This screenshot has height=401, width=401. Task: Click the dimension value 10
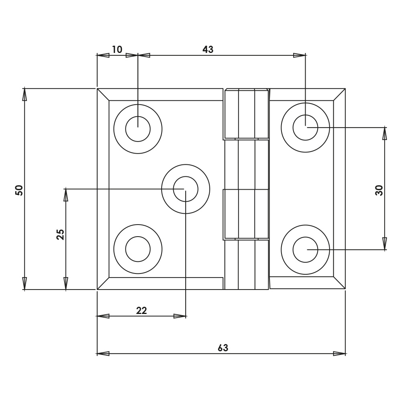click(117, 49)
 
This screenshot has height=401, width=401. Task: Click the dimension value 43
click(208, 49)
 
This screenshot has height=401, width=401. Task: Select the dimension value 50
click(19, 190)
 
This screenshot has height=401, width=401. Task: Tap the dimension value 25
click(60, 234)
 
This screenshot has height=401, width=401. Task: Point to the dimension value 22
click(142, 310)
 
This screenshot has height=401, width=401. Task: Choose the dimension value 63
click(223, 347)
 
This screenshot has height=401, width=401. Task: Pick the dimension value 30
click(379, 190)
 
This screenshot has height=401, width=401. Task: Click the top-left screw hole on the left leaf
click(138, 129)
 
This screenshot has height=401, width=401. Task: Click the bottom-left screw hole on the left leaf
click(138, 249)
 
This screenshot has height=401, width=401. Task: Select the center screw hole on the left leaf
click(186, 189)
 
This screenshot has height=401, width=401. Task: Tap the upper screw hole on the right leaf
click(305, 128)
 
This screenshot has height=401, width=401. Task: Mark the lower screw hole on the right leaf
click(305, 249)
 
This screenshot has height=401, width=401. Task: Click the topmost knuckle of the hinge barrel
click(246, 114)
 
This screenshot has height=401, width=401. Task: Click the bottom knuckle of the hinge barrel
click(246, 265)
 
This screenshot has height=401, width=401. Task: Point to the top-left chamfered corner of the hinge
click(103, 95)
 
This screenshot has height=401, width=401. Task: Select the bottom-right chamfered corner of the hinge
click(339, 283)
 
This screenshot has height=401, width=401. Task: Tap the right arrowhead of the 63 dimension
click(340, 353)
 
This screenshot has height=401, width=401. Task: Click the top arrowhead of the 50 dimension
click(24, 95)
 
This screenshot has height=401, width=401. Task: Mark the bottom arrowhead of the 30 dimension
click(385, 243)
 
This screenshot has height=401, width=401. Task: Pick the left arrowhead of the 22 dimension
click(103, 316)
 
